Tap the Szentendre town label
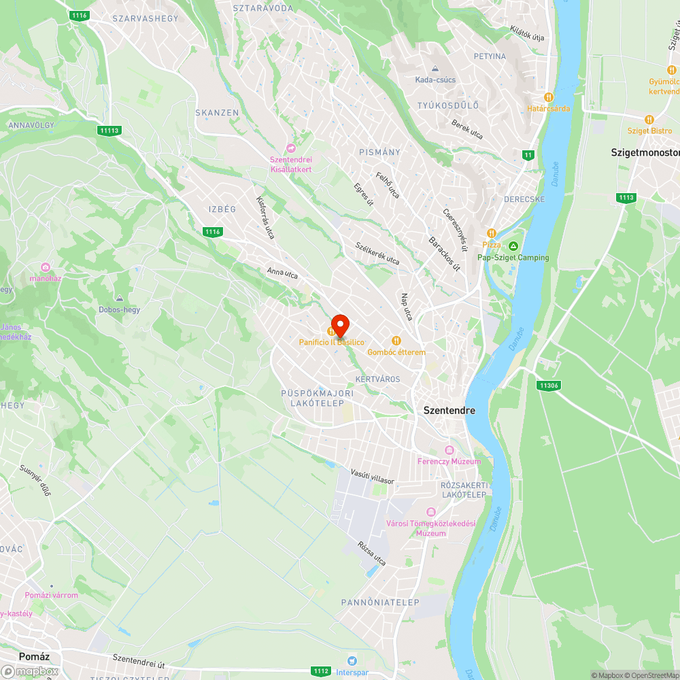pos(449,411)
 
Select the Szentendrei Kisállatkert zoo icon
pos(291,148)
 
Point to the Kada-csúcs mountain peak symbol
pos(435,69)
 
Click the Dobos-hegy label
pos(119,310)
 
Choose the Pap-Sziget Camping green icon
pos(513,245)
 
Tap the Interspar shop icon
pos(352,660)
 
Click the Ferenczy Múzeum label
pos(449,462)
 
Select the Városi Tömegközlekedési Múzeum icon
pos(430,511)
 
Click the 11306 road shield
pos(548,386)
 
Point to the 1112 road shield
pos(322,670)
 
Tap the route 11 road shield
pos(528,155)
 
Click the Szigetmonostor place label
pos(645,153)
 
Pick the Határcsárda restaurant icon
pos(549,97)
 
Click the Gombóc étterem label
pos(396,352)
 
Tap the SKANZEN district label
pos(217,113)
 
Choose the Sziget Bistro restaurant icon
pos(649,118)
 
